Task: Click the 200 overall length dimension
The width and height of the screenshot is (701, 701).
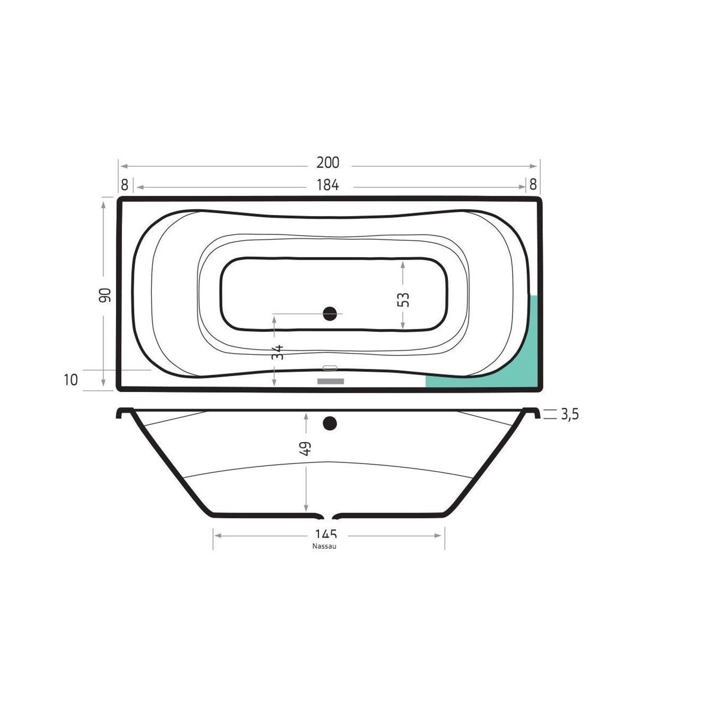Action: (x=328, y=163)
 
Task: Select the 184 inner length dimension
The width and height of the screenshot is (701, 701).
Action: (x=328, y=185)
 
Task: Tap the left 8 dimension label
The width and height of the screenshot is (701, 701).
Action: (x=124, y=185)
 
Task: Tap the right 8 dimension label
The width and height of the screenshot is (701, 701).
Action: (x=533, y=185)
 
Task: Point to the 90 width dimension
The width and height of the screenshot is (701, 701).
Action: (x=104, y=295)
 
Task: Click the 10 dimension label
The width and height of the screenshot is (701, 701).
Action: (x=71, y=380)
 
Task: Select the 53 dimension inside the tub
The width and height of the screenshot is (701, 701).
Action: (x=403, y=300)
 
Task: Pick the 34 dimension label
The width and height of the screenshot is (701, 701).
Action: (x=278, y=352)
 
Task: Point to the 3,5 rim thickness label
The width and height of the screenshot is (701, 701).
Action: (x=570, y=414)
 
